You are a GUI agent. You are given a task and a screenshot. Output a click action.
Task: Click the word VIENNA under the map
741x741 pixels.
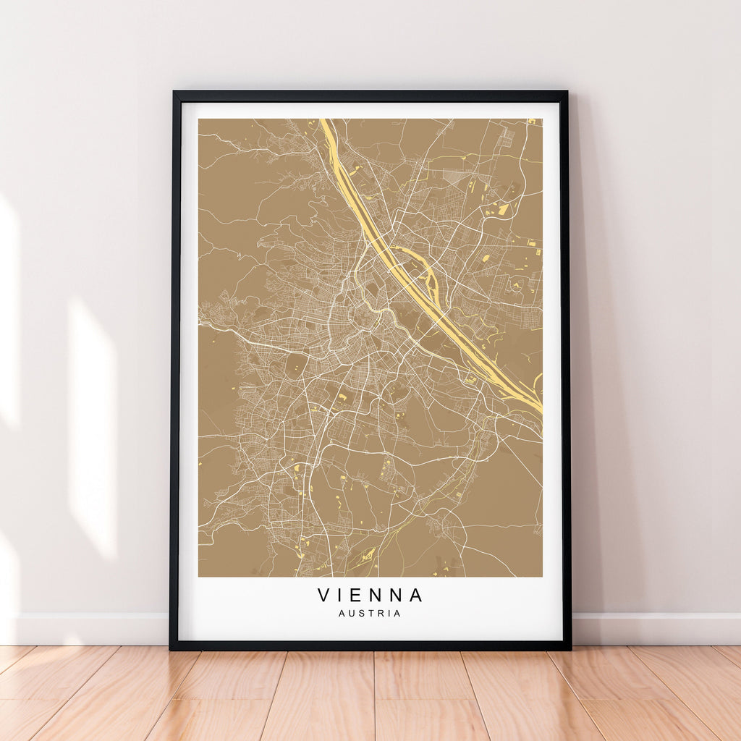coord(370,595)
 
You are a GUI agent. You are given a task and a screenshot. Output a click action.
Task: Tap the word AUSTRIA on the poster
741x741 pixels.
coord(369,614)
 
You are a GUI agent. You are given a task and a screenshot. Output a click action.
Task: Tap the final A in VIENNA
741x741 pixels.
coord(416,595)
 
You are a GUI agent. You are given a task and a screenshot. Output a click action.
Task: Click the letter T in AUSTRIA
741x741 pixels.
coord(370,614)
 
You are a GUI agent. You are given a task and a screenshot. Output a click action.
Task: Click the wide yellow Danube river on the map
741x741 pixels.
coord(405,268)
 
